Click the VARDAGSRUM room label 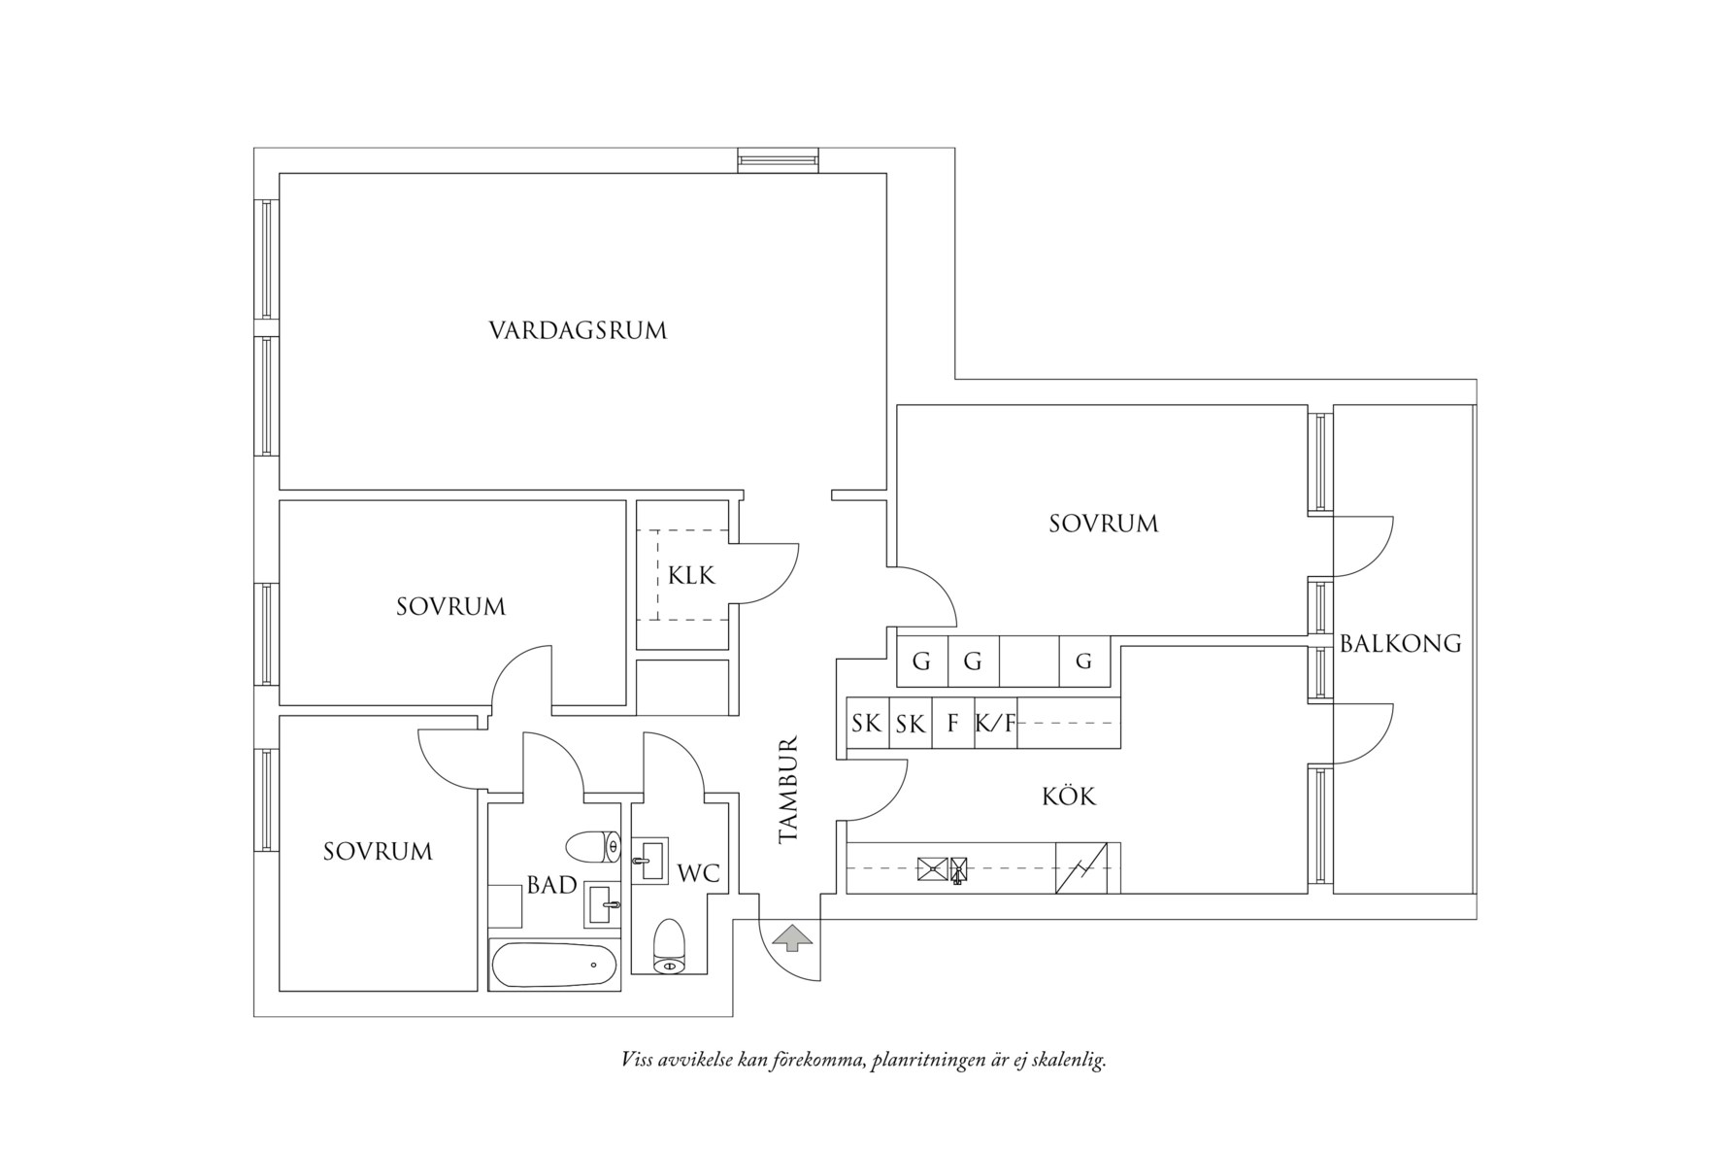(x=578, y=330)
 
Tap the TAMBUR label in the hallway (x=787, y=789)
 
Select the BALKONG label (x=1400, y=643)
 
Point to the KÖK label (x=1068, y=797)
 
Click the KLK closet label (x=691, y=576)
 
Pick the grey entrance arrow (x=793, y=938)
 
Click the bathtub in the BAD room (x=553, y=965)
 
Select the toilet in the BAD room (x=593, y=846)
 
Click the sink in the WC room (x=649, y=861)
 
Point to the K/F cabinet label (x=995, y=724)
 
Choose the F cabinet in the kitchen (x=953, y=724)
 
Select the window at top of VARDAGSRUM (x=777, y=160)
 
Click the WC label (x=699, y=873)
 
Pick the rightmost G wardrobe (x=1083, y=662)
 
